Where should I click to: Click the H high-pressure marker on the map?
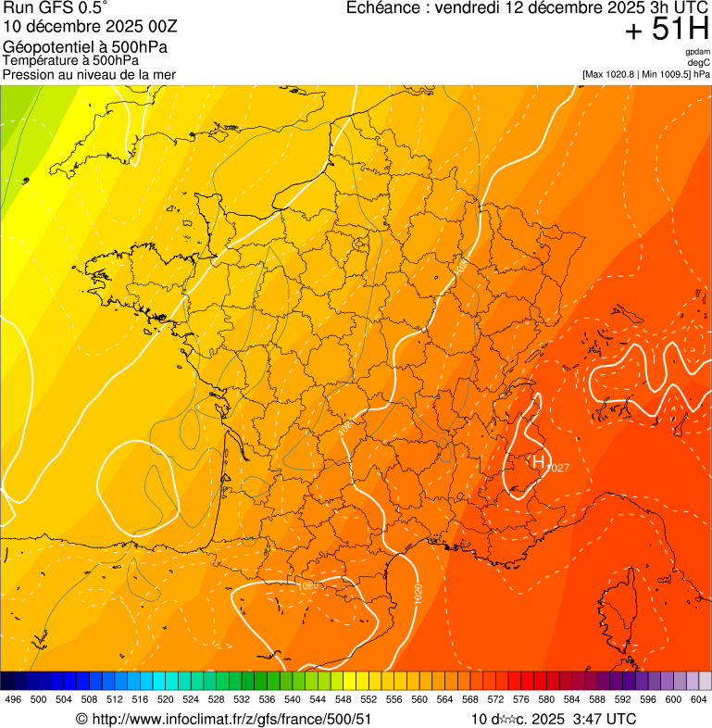(537, 460)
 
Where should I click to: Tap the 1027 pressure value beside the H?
(557, 468)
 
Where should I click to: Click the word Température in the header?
(35, 60)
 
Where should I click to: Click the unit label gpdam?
(697, 52)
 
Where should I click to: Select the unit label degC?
(698, 62)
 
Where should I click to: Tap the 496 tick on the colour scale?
(13, 699)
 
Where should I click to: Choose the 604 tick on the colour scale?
(699, 699)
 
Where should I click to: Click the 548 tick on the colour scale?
(343, 699)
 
